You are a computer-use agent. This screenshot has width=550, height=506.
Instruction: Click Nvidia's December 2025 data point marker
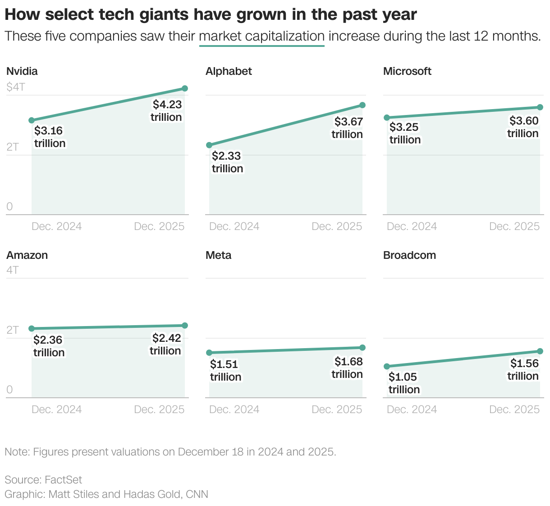[185, 88]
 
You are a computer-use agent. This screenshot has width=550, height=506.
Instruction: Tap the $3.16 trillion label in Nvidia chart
[50, 137]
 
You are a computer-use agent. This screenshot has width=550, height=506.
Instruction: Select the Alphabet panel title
[229, 71]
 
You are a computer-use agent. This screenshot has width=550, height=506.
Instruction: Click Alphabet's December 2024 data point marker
[209, 145]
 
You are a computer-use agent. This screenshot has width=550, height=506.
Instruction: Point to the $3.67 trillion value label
[347, 128]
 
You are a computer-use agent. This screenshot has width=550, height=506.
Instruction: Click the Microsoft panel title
[407, 71]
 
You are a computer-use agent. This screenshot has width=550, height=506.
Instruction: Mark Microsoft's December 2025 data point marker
[540, 107]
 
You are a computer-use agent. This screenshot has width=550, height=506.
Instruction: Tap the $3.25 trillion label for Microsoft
[405, 133]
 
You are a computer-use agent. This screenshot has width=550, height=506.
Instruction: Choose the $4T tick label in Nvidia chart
[16, 87]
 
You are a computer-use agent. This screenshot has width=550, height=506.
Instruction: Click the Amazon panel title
[27, 255]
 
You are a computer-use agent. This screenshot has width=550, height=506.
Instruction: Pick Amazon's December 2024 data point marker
[32, 329]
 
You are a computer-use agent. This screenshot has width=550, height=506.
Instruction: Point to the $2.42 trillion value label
[165, 345]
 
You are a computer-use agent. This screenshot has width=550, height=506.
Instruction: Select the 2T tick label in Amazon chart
[13, 330]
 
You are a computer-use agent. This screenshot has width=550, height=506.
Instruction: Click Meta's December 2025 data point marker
[362, 348]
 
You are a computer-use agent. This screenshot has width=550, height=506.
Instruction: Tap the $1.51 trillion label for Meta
[225, 371]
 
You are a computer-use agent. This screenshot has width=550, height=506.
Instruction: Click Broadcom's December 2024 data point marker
[387, 367]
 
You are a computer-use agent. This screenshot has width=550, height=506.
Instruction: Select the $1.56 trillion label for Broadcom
[523, 370]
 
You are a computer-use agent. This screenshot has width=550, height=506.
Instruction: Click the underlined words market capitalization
[261, 36]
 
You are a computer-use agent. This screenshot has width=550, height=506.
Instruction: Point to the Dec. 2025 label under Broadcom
[514, 409]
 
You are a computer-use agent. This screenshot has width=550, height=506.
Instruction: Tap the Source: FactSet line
[43, 479]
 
